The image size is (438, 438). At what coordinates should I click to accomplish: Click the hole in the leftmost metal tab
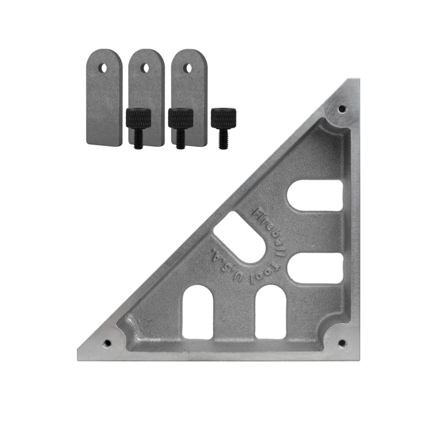coord(104,68)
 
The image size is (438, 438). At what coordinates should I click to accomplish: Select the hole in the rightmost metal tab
coord(187,68)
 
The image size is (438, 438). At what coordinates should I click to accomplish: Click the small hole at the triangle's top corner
coord(341,109)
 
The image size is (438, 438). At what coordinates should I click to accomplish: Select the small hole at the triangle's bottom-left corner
coord(107,343)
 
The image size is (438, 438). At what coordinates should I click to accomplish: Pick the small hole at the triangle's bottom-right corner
coord(341,343)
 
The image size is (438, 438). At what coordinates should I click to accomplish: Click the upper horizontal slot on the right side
coord(315,195)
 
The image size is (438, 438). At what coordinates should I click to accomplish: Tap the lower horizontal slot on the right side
coord(315,269)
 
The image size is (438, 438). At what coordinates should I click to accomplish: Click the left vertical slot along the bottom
coord(198,312)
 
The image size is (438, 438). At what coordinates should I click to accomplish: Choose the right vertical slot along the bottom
coord(270,312)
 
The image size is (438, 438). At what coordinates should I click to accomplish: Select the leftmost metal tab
coord(104,98)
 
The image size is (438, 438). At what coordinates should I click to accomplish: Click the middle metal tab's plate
coord(146,90)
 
